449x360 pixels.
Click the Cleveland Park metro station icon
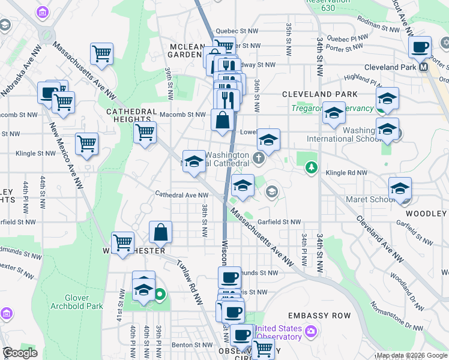[424, 67]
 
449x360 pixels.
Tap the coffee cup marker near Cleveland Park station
[420, 47]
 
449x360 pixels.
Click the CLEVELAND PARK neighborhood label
[319, 94]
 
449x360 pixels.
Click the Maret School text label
[367, 199]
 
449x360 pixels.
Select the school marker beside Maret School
[400, 188]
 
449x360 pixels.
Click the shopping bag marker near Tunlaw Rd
[161, 232]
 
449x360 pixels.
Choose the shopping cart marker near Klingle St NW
[87, 143]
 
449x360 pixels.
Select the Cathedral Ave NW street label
[181, 194]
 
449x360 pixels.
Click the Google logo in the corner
[20, 352]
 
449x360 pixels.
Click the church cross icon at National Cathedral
[259, 159]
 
